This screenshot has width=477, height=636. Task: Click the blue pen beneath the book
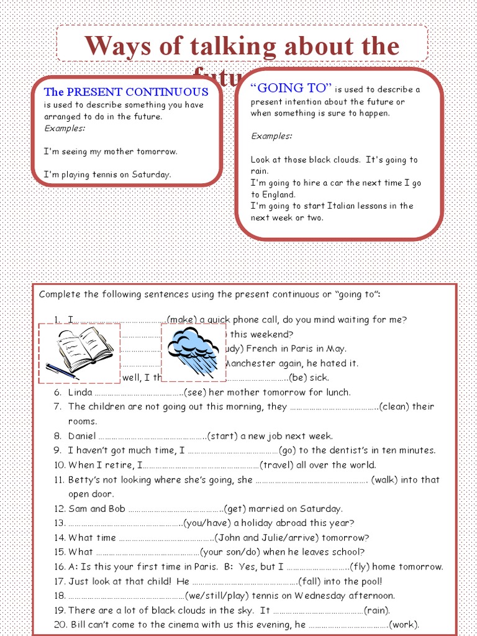point(61,370)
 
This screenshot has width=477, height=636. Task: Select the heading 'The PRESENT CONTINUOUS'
point(125,92)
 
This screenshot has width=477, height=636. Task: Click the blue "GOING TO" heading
point(291,88)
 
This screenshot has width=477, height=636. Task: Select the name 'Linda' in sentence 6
point(80,393)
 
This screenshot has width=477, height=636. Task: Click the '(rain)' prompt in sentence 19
point(377,611)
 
